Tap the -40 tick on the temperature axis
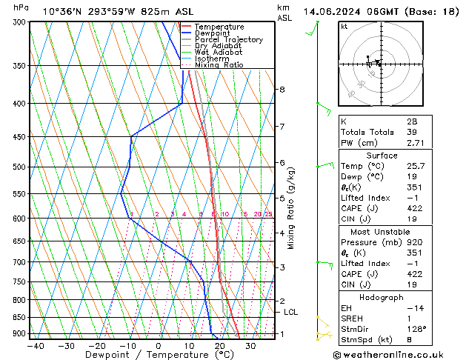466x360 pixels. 35,345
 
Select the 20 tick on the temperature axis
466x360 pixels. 220,345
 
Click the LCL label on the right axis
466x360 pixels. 290,313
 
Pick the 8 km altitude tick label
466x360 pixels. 282,90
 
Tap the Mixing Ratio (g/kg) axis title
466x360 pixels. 291,207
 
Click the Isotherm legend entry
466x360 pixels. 213,59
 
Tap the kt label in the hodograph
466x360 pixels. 344,27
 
